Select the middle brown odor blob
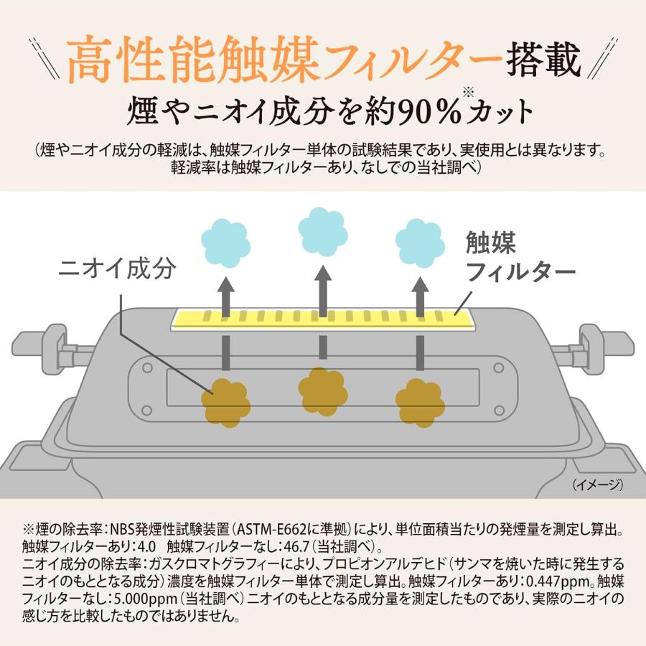[322, 390]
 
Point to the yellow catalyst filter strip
[323, 316]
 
